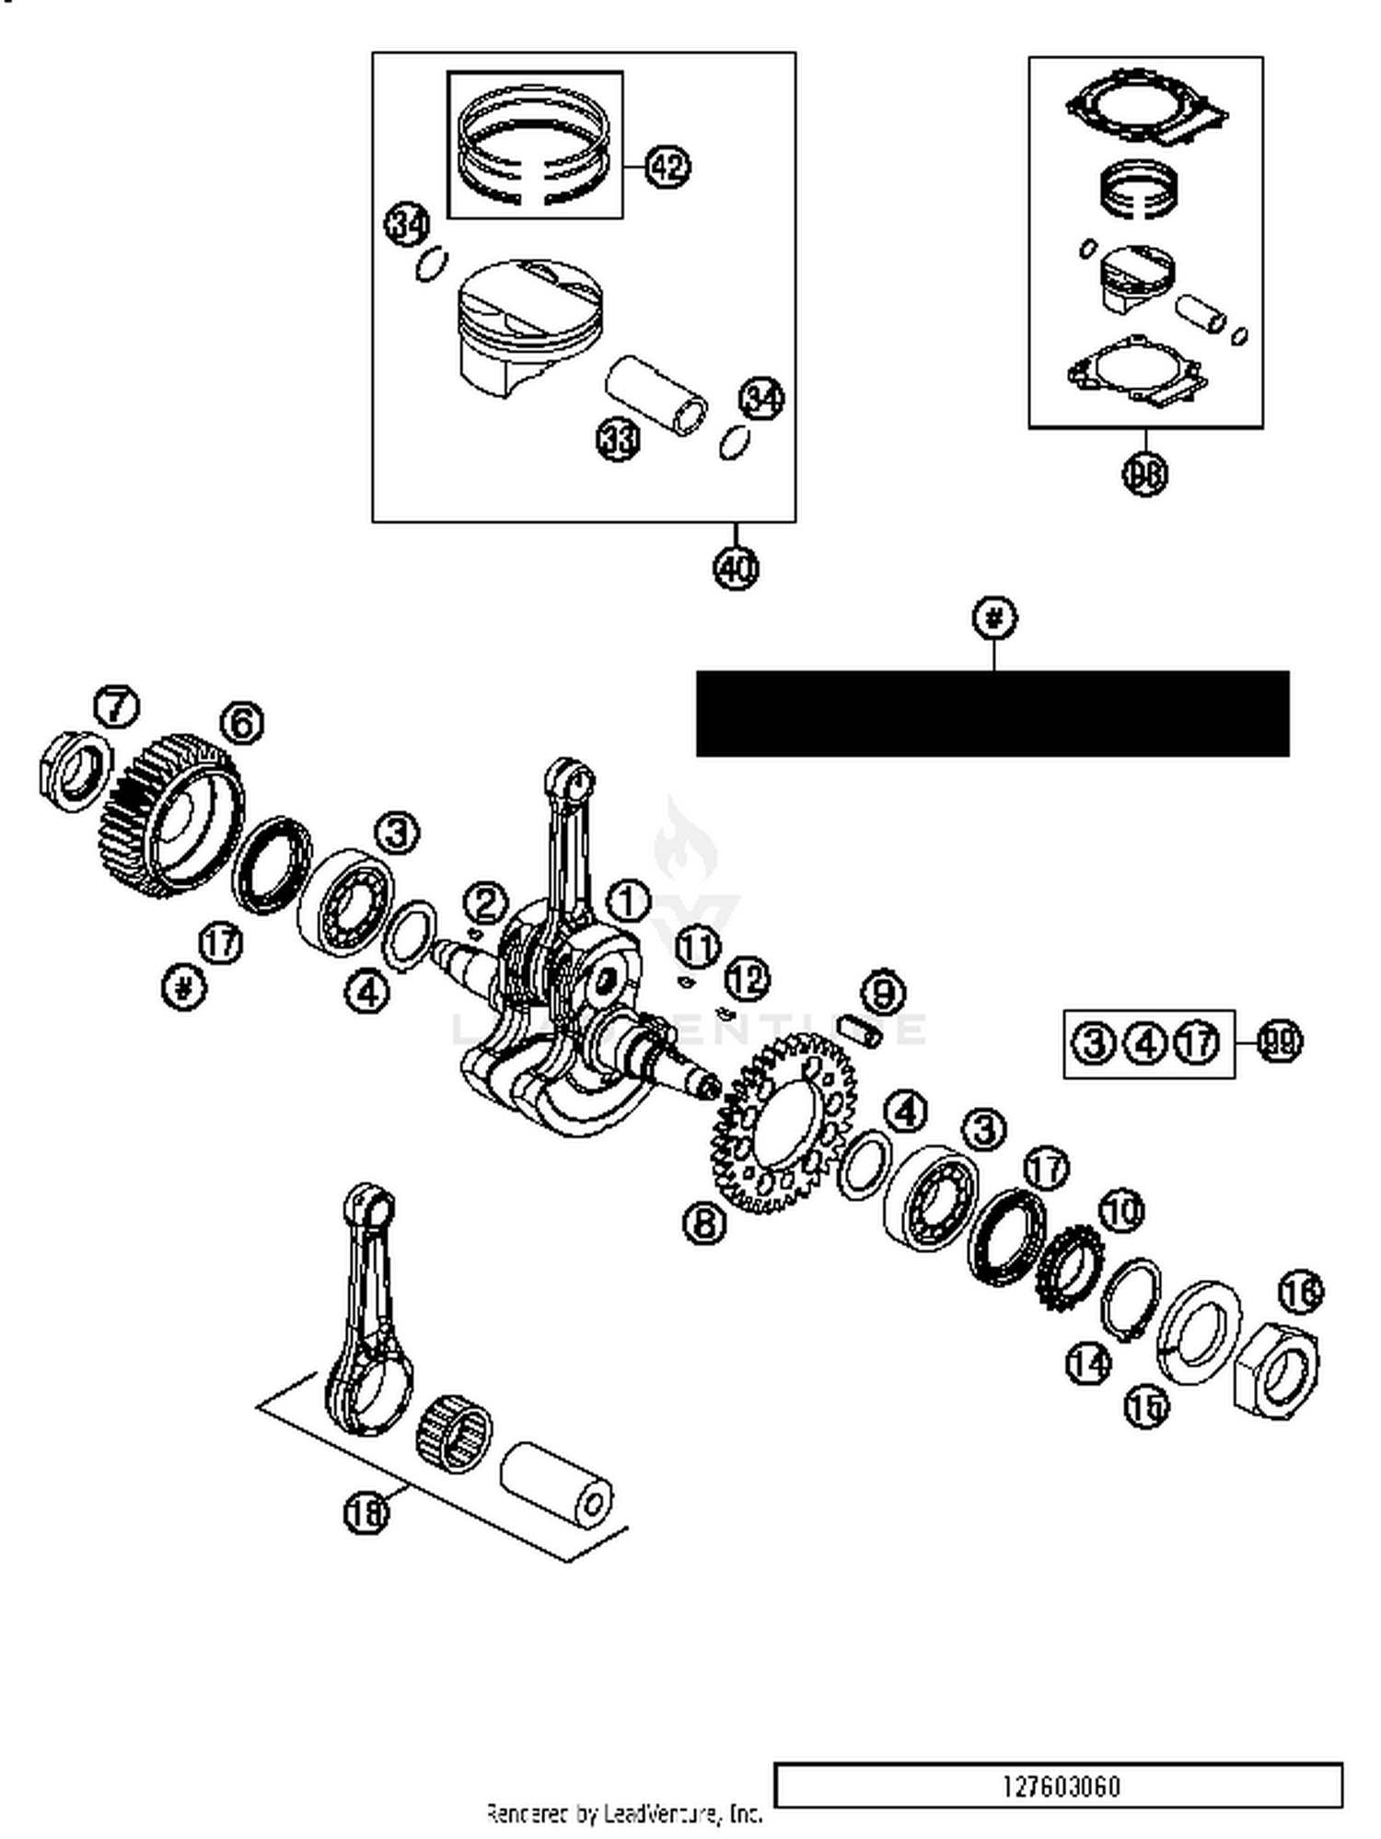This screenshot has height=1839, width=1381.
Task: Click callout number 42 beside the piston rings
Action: [667, 167]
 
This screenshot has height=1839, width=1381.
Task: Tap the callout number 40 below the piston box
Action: [736, 567]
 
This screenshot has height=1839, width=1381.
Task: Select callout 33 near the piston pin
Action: [618, 439]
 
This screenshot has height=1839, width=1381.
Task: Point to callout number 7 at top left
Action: [117, 706]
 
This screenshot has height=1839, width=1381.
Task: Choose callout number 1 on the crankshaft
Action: [628, 900]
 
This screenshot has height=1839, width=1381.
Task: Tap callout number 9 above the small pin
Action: [882, 992]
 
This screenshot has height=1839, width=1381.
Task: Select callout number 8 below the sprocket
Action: [704, 1222]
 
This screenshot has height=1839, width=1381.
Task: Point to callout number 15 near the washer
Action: [1145, 1406]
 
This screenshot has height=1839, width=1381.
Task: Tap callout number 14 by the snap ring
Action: [1087, 1362]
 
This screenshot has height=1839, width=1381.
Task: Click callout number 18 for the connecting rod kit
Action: [366, 1511]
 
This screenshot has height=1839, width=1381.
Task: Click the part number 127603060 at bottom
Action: [1060, 1787]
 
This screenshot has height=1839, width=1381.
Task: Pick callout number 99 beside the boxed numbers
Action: [1280, 1042]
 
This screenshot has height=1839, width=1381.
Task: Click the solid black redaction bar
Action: [992, 714]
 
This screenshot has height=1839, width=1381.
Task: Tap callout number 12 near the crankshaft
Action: [747, 979]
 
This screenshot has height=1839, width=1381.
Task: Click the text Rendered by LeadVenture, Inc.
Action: [623, 1813]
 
